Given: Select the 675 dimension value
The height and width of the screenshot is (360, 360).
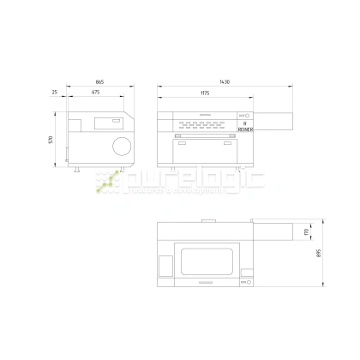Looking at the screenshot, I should (97, 93).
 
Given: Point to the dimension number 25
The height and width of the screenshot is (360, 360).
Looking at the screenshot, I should (54, 93).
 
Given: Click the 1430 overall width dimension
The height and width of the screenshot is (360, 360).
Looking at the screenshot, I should (225, 82).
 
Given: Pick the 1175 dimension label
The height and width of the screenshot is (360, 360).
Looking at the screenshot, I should (206, 93).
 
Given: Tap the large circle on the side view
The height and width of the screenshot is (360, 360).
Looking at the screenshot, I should (120, 145).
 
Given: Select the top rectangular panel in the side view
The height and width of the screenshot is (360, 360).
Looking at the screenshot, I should (105, 123).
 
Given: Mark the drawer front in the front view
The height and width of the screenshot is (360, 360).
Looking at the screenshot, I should (206, 153).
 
